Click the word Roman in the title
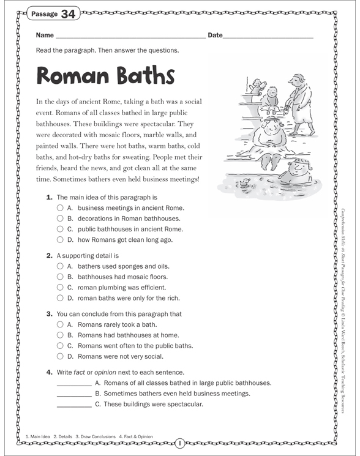point(73,76)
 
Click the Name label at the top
point(45,36)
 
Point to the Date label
point(215,36)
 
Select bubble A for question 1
point(60,208)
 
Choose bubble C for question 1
point(60,230)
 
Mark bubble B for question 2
point(60,277)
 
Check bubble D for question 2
point(60,298)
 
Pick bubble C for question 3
point(60,345)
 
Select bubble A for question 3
point(60,324)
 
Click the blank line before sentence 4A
point(73,385)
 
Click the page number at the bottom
point(181,442)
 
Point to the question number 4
point(48,372)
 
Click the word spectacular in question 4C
point(179,404)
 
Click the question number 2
point(48,255)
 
